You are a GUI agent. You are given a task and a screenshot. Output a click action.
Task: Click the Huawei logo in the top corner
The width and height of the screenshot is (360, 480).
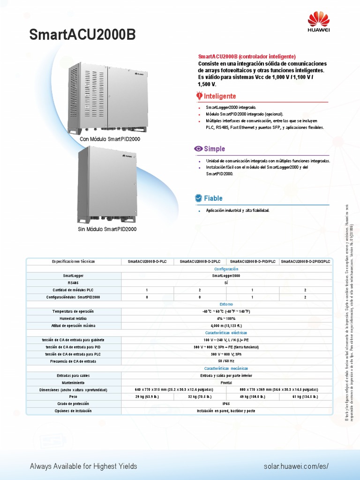318,23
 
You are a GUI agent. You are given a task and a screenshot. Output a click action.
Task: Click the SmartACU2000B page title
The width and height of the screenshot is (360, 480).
84,35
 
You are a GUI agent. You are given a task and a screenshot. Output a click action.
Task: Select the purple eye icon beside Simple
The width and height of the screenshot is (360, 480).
198,149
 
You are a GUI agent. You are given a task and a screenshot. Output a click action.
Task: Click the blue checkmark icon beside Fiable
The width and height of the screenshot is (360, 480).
198,198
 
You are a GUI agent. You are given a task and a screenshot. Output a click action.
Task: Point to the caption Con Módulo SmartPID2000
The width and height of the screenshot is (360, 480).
110,139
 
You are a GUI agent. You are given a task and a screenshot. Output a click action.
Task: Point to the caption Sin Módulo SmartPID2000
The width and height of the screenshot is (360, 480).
107,229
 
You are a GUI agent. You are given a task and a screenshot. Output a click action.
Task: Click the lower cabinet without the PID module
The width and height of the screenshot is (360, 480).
107,185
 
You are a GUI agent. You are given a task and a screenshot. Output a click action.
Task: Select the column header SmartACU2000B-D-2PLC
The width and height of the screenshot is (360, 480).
200,261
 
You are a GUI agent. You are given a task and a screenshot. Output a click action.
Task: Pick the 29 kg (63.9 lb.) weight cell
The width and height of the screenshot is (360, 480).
148,396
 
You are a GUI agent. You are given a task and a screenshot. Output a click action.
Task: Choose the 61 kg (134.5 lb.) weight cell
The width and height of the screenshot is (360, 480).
305,396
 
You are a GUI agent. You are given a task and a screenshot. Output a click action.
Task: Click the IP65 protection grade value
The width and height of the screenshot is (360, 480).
226,404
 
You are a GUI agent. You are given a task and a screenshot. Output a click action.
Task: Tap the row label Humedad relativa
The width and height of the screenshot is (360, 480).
73,318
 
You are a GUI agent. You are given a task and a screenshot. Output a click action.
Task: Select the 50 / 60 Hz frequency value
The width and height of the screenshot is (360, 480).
226,361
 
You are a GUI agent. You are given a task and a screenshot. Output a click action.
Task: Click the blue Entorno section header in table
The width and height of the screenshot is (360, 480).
226,304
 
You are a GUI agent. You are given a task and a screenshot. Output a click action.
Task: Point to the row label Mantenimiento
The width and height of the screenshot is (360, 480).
73,382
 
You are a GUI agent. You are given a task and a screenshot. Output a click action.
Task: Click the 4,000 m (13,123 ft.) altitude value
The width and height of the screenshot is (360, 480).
226,325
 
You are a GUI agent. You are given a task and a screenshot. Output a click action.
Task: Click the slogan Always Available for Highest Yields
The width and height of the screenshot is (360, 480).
83,466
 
